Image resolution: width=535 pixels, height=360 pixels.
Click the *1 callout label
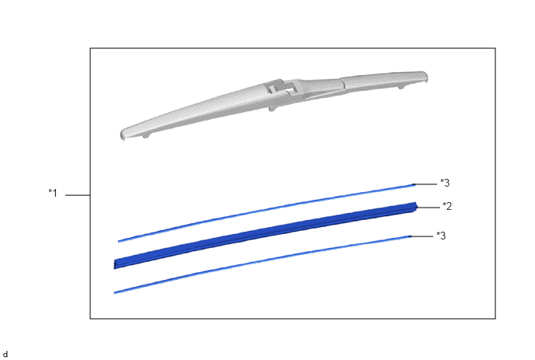click(x=53, y=193)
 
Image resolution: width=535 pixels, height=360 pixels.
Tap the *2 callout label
click(x=447, y=206)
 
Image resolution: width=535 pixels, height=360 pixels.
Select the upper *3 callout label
click(x=445, y=183)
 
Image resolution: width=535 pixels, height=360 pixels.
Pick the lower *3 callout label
click(x=441, y=236)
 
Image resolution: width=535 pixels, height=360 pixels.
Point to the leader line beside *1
click(x=78, y=195)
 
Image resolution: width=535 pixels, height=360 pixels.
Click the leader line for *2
click(x=428, y=208)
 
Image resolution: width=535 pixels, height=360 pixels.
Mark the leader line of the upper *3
click(x=425, y=184)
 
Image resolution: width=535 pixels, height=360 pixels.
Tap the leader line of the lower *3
click(x=421, y=236)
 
